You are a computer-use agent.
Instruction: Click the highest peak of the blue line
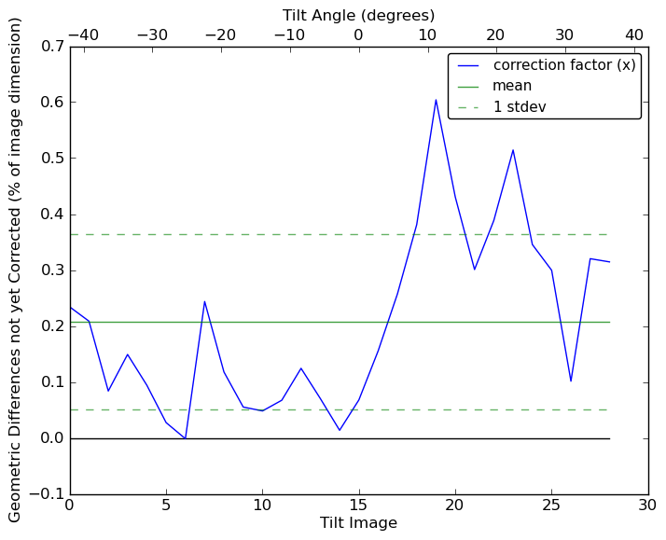(x=436, y=100)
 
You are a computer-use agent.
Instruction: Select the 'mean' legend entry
(x=512, y=86)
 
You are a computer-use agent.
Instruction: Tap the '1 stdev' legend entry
(x=520, y=107)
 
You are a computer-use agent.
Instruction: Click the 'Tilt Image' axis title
(x=358, y=523)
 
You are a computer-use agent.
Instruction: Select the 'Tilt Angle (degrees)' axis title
(x=358, y=15)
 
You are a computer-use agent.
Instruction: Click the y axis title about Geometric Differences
(x=16, y=270)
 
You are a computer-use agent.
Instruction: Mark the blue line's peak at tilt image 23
(x=513, y=150)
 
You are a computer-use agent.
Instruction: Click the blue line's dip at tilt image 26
(x=571, y=381)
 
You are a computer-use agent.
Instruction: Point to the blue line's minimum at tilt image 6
(x=186, y=438)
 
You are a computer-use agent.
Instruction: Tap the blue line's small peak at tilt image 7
(x=204, y=301)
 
